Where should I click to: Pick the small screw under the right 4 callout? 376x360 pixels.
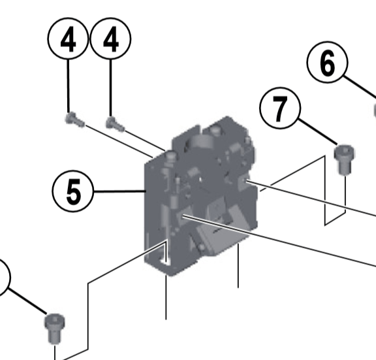click(115, 122)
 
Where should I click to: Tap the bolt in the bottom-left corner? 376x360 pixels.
click(55, 327)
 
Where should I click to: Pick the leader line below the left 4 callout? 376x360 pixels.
click(69, 85)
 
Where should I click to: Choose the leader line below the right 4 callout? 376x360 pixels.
click(111, 85)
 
